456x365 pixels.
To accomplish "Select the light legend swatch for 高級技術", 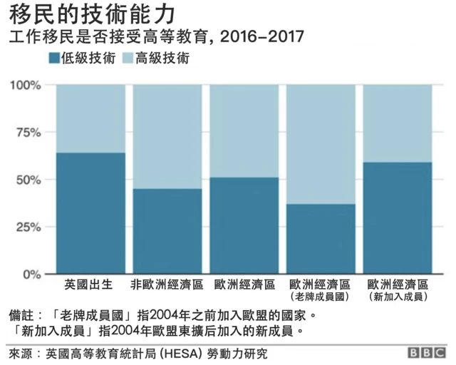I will click(130, 58).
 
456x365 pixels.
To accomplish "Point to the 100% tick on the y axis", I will click(26, 86).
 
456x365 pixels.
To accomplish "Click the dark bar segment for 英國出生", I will click(90, 213).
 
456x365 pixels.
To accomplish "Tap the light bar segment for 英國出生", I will click(90, 119).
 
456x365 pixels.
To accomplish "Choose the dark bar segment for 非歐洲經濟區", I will click(167, 231).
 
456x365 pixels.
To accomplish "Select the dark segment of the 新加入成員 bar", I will click(397, 218).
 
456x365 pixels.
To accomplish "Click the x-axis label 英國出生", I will click(90, 285).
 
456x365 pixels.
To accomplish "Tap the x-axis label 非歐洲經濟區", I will click(167, 285).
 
